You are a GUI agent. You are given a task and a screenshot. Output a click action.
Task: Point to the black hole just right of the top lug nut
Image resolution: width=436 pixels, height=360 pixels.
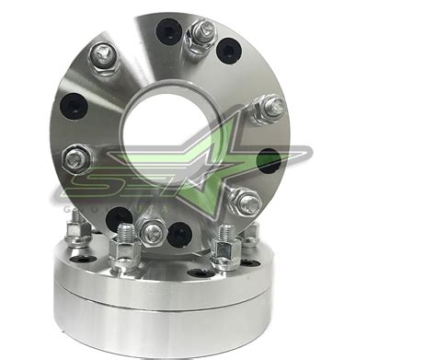(x=230, y=52)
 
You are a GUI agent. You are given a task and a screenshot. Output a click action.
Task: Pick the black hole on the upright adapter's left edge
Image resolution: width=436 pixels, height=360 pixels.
(x=71, y=107)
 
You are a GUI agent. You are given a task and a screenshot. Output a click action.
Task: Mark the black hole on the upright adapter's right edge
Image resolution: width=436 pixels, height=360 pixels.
(x=268, y=163)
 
